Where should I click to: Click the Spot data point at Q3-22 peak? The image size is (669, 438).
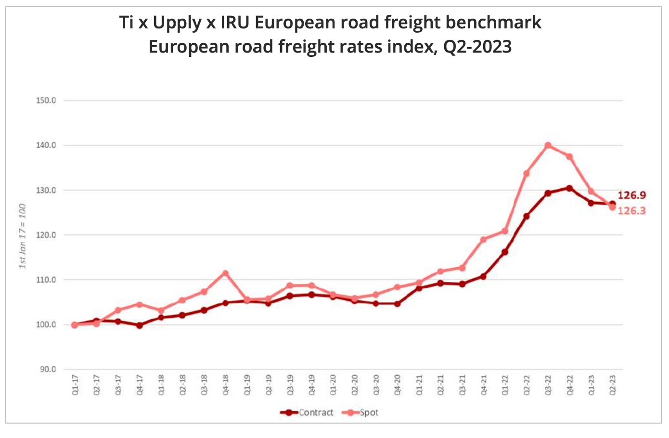click(x=548, y=145)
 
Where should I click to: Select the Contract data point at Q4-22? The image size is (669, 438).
click(x=569, y=188)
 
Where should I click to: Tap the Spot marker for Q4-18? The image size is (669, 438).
click(x=225, y=273)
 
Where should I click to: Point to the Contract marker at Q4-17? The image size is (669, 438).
click(x=139, y=325)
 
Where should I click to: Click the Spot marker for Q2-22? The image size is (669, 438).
click(x=527, y=173)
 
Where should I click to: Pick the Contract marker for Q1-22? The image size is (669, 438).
click(x=505, y=252)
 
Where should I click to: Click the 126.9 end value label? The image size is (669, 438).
click(x=631, y=195)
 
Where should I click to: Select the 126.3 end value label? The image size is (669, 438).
click(x=631, y=211)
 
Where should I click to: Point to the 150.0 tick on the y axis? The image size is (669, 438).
click(x=46, y=101)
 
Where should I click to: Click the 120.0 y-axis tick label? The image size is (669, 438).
click(x=46, y=235)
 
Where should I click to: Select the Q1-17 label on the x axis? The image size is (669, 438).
click(x=75, y=386)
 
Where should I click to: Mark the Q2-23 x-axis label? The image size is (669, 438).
click(x=613, y=386)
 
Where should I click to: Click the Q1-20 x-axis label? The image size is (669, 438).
click(x=333, y=386)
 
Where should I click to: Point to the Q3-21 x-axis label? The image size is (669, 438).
click(x=462, y=386)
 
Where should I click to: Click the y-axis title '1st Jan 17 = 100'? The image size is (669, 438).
click(x=23, y=236)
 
